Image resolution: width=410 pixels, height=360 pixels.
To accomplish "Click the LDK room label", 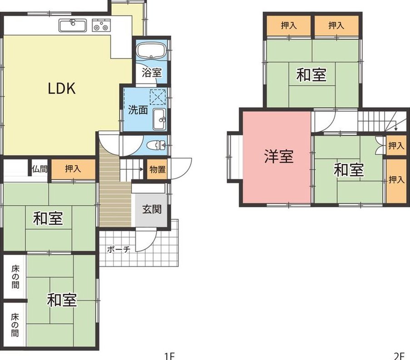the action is (62, 89).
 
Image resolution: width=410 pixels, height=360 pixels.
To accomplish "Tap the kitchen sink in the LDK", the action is (73, 25).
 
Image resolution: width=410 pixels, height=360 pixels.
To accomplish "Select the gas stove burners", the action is (101, 25).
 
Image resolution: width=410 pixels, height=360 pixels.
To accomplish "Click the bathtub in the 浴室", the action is (151, 50).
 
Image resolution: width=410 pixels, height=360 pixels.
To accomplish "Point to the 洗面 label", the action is (138, 110).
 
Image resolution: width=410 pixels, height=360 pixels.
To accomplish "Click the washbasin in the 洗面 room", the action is (159, 119).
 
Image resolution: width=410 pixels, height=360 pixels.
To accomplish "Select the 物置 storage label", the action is (158, 169).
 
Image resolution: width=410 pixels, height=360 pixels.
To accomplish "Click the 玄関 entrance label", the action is (152, 209).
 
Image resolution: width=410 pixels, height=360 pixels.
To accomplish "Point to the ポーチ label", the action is (119, 249).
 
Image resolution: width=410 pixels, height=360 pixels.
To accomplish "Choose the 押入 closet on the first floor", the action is (73, 168).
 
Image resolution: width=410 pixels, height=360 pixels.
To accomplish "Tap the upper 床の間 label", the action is (15, 277).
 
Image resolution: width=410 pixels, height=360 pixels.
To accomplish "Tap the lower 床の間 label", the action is (15, 325).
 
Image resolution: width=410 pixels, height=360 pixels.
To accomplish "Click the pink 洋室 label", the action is (279, 157).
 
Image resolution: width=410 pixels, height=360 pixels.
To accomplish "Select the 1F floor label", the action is (169, 356).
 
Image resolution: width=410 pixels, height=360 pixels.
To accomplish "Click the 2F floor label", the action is (399, 356).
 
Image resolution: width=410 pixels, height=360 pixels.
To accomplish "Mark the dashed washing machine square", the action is (158, 97).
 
